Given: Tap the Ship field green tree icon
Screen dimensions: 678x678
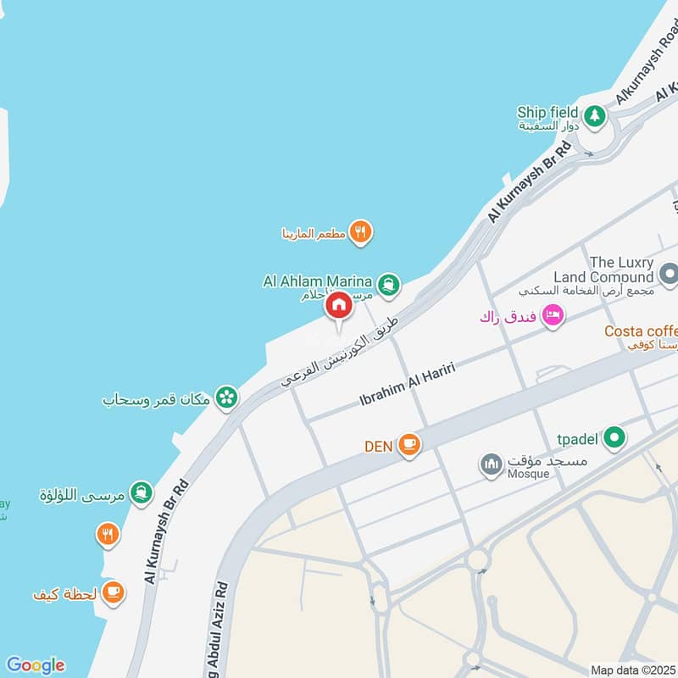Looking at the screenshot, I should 595,115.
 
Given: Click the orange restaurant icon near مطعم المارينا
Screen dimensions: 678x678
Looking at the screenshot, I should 361,232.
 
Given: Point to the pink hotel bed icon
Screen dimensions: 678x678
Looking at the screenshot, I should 553,315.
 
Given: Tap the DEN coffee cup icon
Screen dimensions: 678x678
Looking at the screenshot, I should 409,444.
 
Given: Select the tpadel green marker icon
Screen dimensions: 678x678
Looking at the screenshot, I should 616,437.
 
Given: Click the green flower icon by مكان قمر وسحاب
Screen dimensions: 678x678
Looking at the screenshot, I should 226,397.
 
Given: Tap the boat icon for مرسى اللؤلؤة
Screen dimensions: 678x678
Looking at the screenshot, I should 142,492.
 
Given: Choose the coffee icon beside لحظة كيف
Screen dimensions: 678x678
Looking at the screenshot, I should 114,592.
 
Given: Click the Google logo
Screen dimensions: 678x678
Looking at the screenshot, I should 35,665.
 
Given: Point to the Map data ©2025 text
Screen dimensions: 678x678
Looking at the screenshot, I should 633,670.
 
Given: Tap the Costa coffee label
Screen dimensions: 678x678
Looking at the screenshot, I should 641,331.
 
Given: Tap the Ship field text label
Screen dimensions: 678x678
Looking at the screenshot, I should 547,113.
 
